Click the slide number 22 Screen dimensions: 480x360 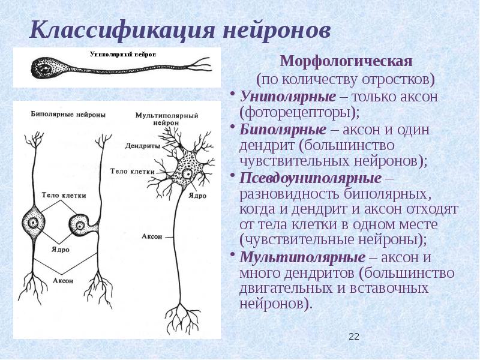pos(353,337)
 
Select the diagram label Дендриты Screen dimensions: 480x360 pos(142,145)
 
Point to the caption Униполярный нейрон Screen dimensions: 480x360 pos(122,54)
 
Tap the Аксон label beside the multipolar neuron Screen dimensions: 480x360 pos(152,236)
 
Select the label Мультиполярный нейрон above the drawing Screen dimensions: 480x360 pos(161,118)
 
